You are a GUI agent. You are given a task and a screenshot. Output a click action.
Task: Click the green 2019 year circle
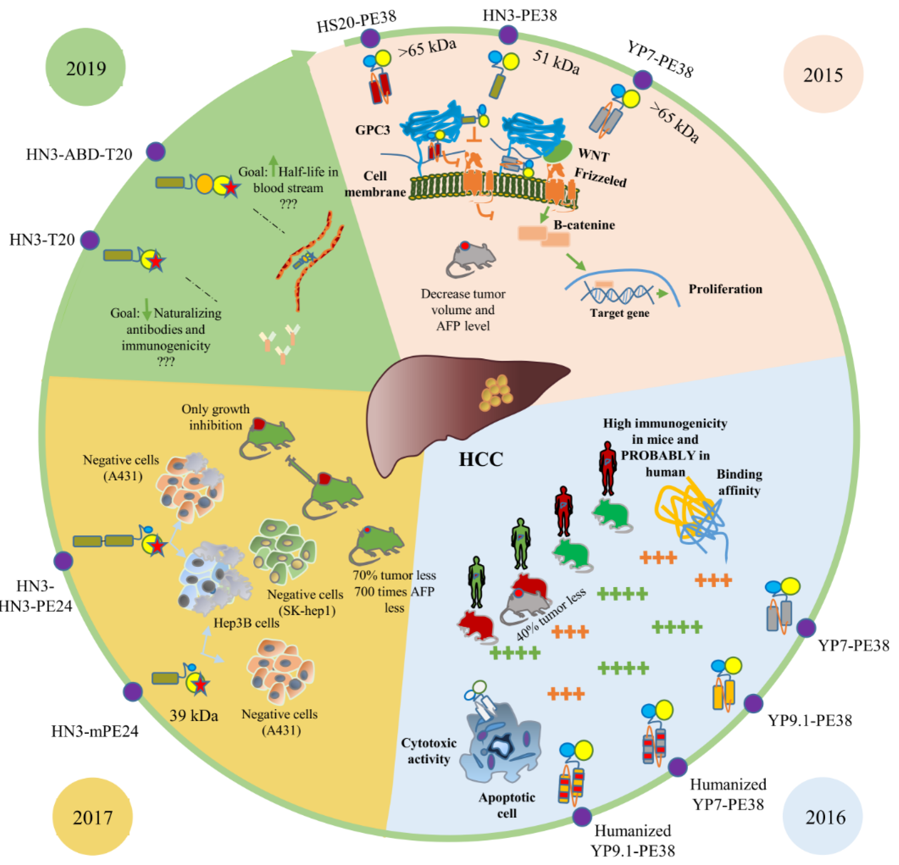pyautogui.click(x=86, y=67)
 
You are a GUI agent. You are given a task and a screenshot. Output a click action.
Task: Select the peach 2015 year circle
pyautogui.click(x=823, y=74)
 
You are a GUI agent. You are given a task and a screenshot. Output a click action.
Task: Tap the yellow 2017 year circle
pyautogui.click(x=92, y=817)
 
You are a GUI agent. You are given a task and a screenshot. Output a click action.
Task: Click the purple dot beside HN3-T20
pyautogui.click(x=90, y=240)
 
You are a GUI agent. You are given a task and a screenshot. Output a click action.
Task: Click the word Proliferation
pyautogui.click(x=725, y=289)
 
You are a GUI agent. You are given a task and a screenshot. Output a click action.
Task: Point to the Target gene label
pyautogui.click(x=619, y=313)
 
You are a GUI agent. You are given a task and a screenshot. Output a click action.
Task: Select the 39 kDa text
pyautogui.click(x=193, y=715)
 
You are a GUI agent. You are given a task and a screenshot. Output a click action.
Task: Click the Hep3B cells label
pyautogui.click(x=246, y=623)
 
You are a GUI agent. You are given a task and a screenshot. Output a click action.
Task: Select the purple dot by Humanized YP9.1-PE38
pyautogui.click(x=582, y=816)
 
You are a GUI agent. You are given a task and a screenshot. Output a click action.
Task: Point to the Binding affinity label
pyautogui.click(x=739, y=482)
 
